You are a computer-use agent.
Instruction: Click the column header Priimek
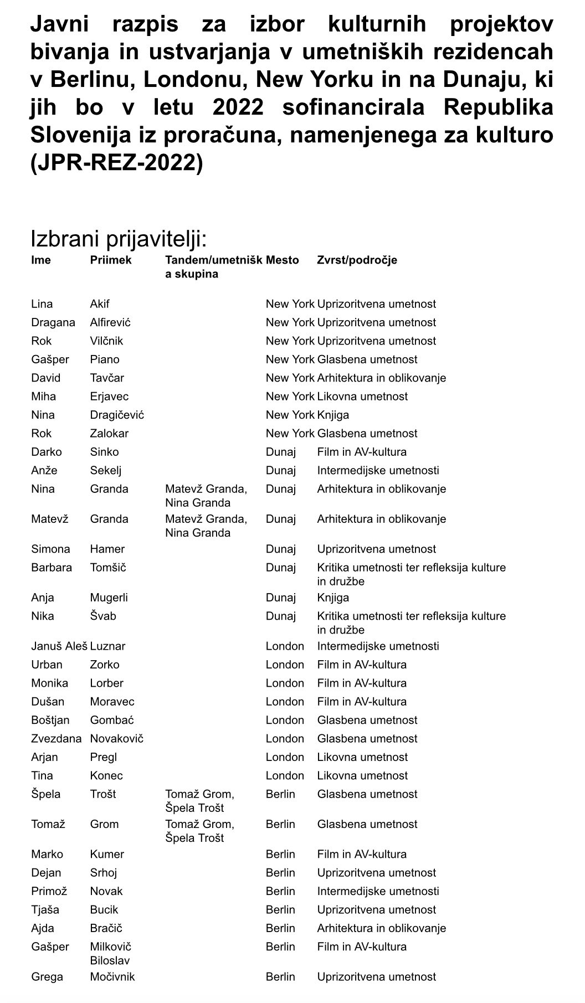(x=111, y=260)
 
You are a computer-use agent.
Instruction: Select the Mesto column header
(x=282, y=260)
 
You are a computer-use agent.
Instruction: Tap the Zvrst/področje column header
(x=357, y=260)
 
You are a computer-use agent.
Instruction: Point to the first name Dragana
(x=53, y=322)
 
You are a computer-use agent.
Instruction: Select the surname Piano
(x=105, y=359)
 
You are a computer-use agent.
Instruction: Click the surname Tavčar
(x=107, y=378)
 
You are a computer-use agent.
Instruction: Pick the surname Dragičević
(x=117, y=415)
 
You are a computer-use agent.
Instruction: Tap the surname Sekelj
(x=106, y=470)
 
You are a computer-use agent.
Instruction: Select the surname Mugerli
(x=109, y=598)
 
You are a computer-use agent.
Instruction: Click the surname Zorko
(x=105, y=665)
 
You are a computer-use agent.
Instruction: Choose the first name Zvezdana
(x=56, y=738)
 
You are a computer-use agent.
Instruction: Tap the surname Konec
(x=106, y=775)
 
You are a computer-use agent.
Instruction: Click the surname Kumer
(x=107, y=854)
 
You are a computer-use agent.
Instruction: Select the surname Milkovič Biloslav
(x=110, y=953)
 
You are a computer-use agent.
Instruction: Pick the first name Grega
(x=47, y=977)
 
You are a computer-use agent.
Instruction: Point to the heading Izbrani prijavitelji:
(x=119, y=239)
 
